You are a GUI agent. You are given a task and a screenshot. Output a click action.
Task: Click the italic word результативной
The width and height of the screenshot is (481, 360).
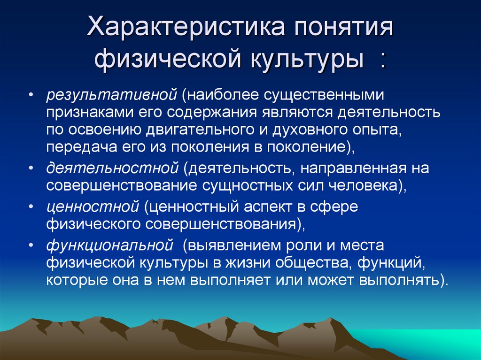pyautogui.click(x=110, y=95)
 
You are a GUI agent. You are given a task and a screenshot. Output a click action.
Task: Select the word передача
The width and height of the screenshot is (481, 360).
pyautogui.click(x=77, y=147)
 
